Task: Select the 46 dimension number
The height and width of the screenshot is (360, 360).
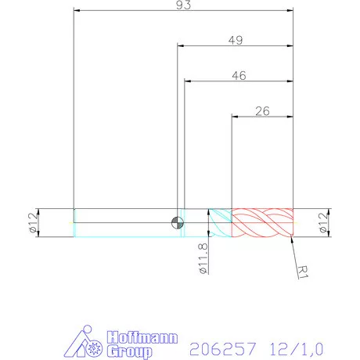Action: click(239, 75)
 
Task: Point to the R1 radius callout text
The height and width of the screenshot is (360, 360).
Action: click(305, 270)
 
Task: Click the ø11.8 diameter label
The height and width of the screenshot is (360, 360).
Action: click(203, 258)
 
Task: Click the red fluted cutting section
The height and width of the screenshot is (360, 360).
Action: click(262, 223)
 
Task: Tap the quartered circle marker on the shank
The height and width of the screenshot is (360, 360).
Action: click(178, 223)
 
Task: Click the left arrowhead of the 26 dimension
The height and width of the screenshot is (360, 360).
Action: click(235, 117)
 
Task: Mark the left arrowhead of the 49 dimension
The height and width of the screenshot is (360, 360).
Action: click(181, 47)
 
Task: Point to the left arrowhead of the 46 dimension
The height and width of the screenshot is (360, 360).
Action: click(188, 81)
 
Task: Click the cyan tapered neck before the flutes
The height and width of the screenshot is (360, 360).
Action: click(219, 223)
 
